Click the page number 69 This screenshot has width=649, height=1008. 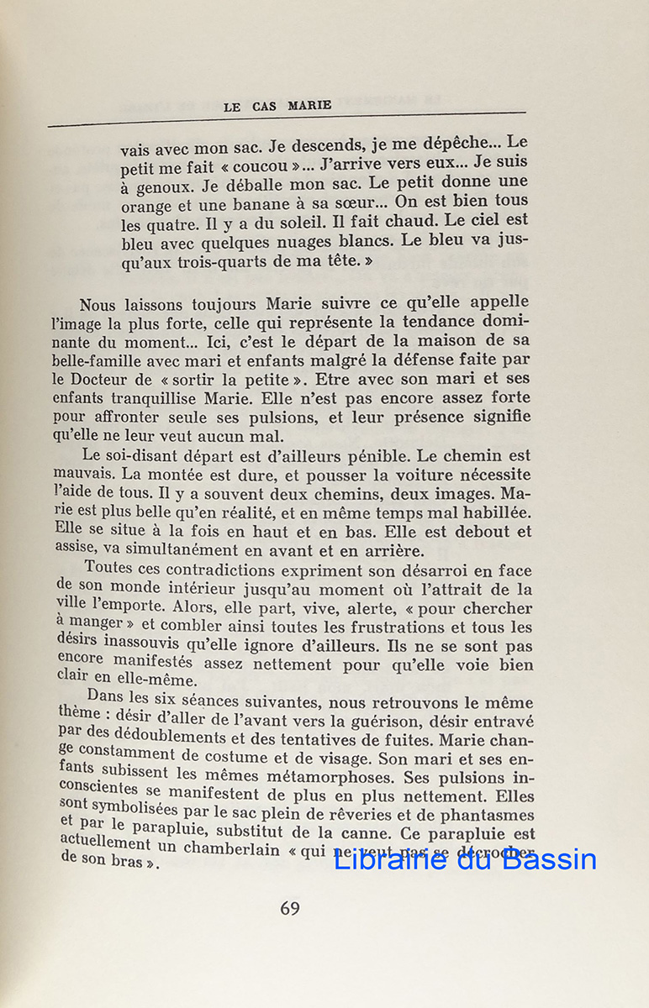tap(289, 908)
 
